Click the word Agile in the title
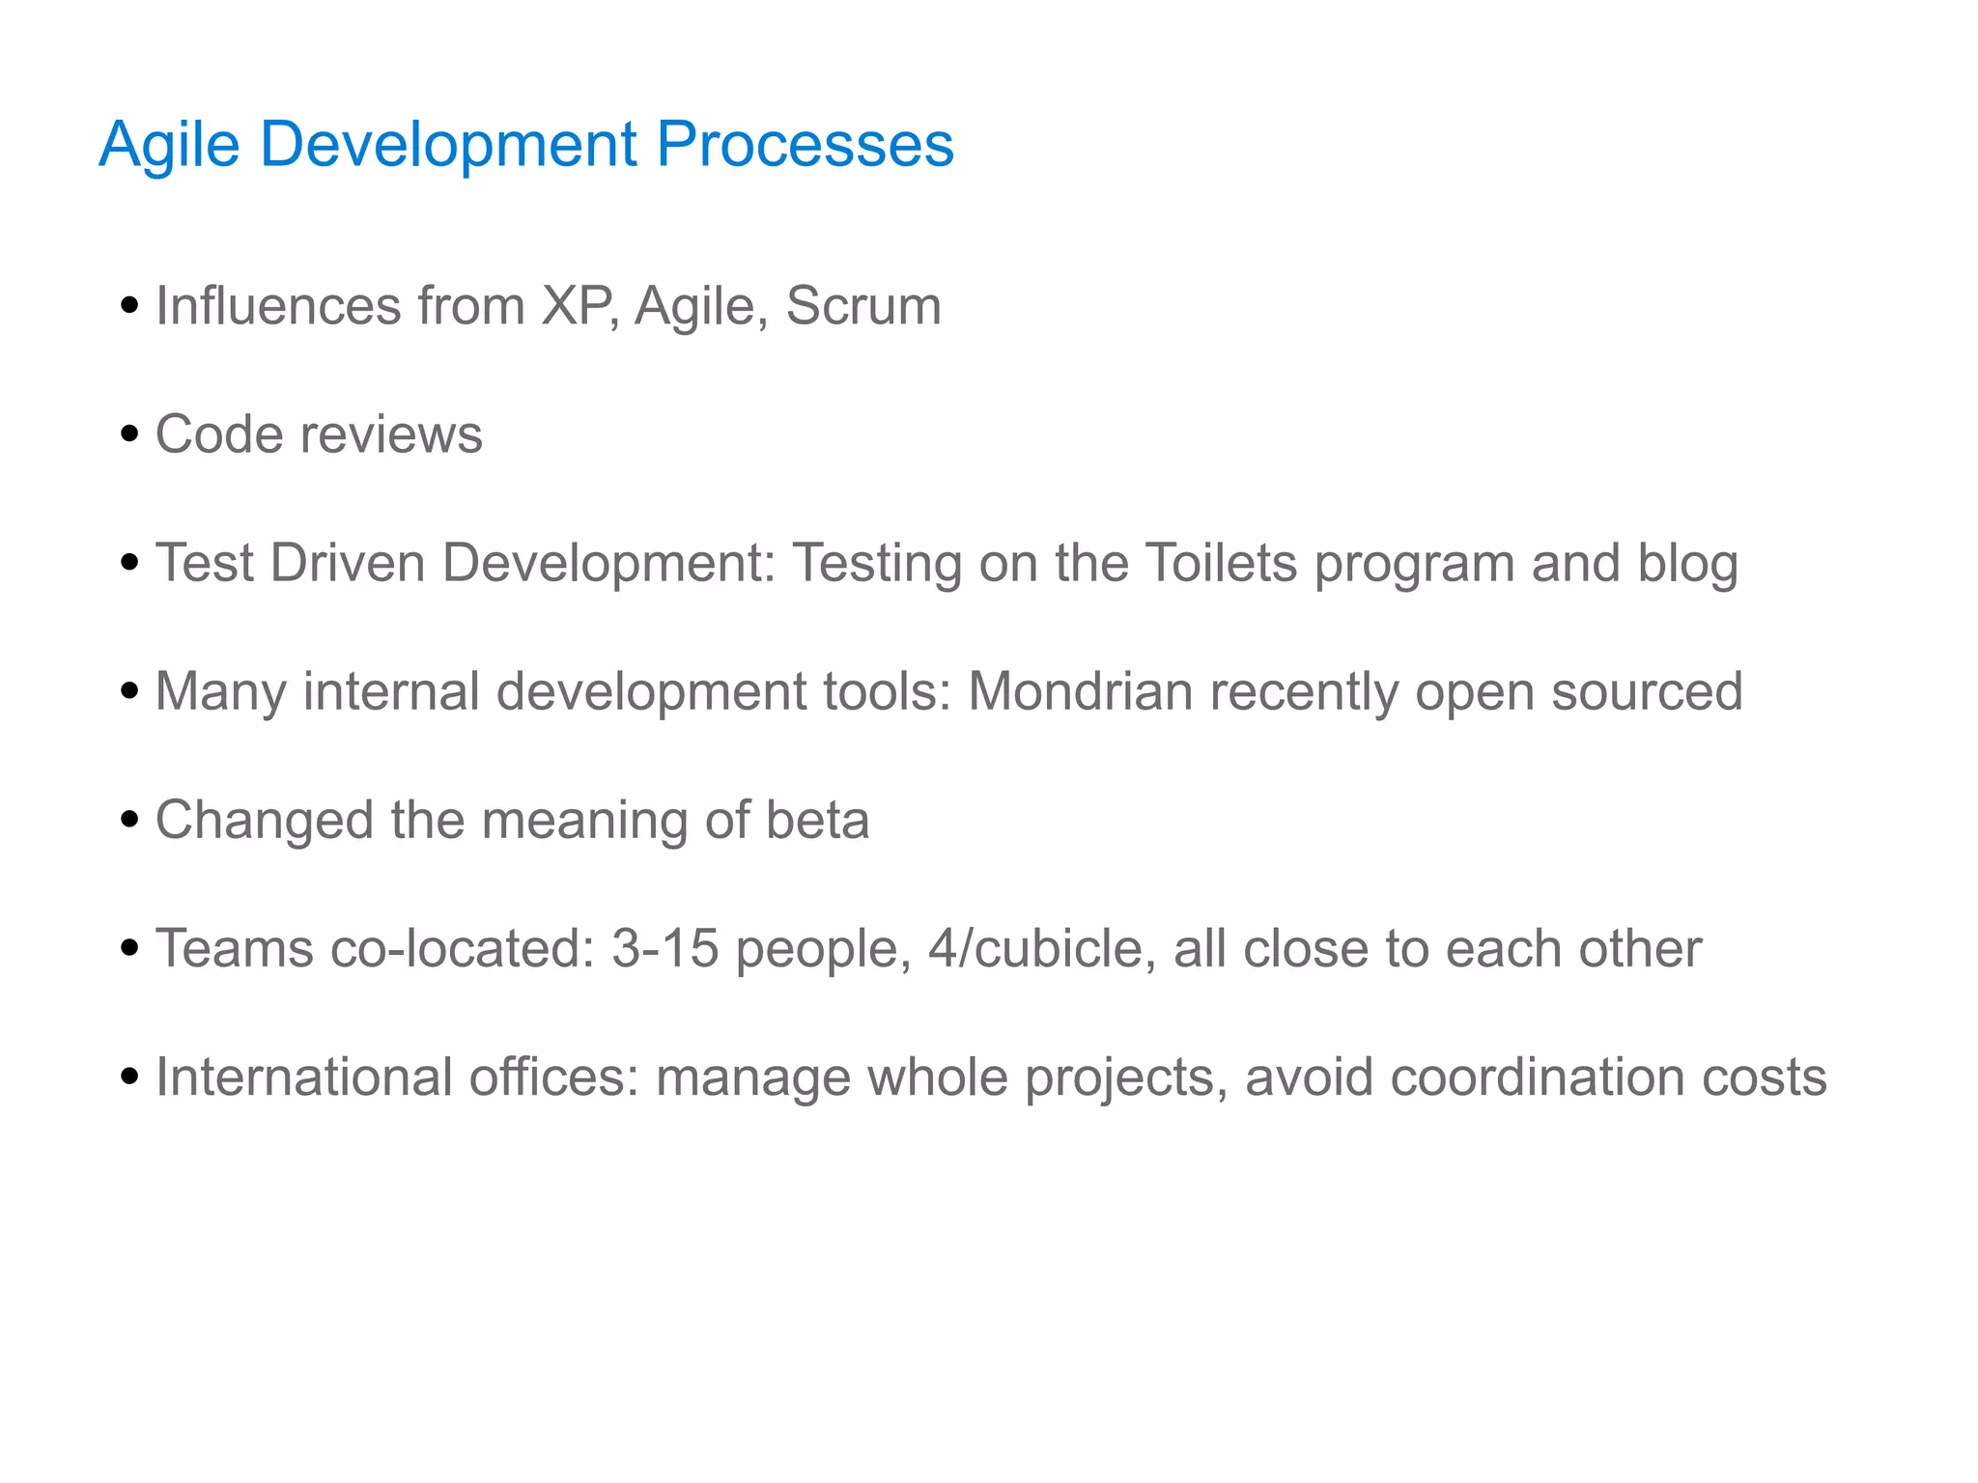click(x=169, y=145)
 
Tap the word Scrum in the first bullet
click(x=862, y=306)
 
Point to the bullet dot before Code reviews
click(x=129, y=434)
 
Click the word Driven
click(x=348, y=563)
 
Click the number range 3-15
click(x=664, y=948)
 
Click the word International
click(x=303, y=1077)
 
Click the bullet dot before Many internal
click(x=129, y=691)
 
